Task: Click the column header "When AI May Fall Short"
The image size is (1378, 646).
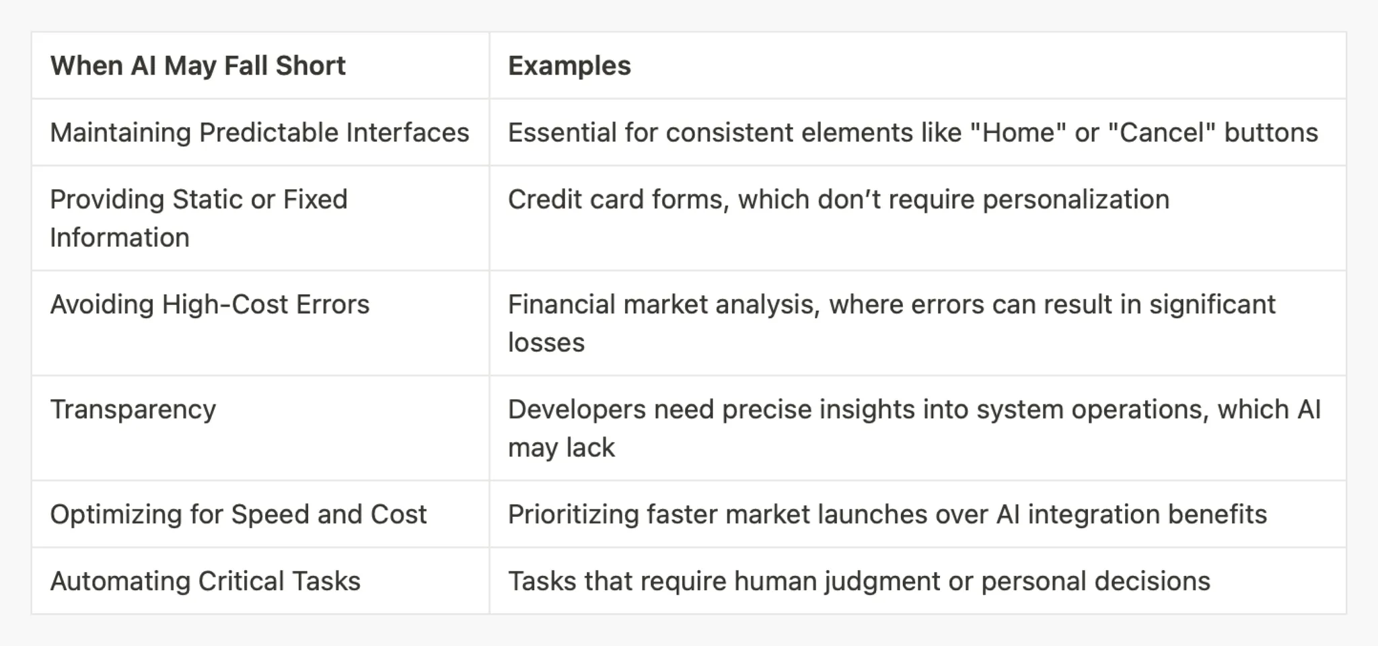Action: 198,66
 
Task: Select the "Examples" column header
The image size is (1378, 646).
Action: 569,66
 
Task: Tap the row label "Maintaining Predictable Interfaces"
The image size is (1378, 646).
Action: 260,133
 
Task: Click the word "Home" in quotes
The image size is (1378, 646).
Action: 1019,133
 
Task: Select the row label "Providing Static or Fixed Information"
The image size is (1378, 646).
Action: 199,218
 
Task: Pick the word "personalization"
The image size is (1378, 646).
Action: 1076,201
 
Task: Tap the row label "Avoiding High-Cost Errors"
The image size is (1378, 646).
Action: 210,305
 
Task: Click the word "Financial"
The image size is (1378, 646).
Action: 561,305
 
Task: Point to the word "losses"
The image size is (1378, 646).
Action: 546,343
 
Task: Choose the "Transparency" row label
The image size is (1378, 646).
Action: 133,410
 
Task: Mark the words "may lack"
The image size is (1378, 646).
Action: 561,447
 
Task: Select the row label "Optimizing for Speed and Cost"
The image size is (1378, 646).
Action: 238,515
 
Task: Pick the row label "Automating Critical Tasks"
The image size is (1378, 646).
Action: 205,581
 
